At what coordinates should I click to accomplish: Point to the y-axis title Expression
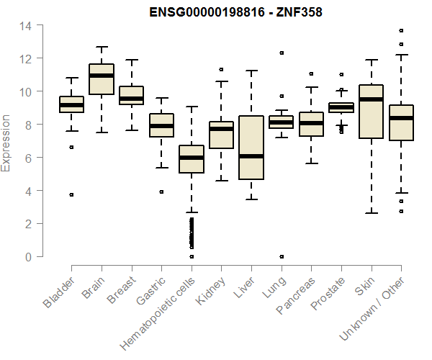[x=6, y=141]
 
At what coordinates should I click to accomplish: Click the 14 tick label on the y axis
[x=25, y=26]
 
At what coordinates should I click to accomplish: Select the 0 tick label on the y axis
[x=28, y=257]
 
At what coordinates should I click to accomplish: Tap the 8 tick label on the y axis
[x=28, y=125]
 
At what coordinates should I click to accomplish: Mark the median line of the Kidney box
[x=222, y=129]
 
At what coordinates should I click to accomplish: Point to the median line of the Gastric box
[x=161, y=126]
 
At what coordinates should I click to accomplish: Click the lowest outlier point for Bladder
[x=71, y=194]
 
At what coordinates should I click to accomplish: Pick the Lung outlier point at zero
[x=282, y=256]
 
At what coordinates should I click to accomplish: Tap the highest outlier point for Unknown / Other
[x=401, y=31]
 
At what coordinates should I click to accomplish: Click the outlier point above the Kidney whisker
[x=222, y=70]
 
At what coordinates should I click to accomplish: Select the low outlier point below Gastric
[x=161, y=192]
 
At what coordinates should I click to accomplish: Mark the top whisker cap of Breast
[x=131, y=60]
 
